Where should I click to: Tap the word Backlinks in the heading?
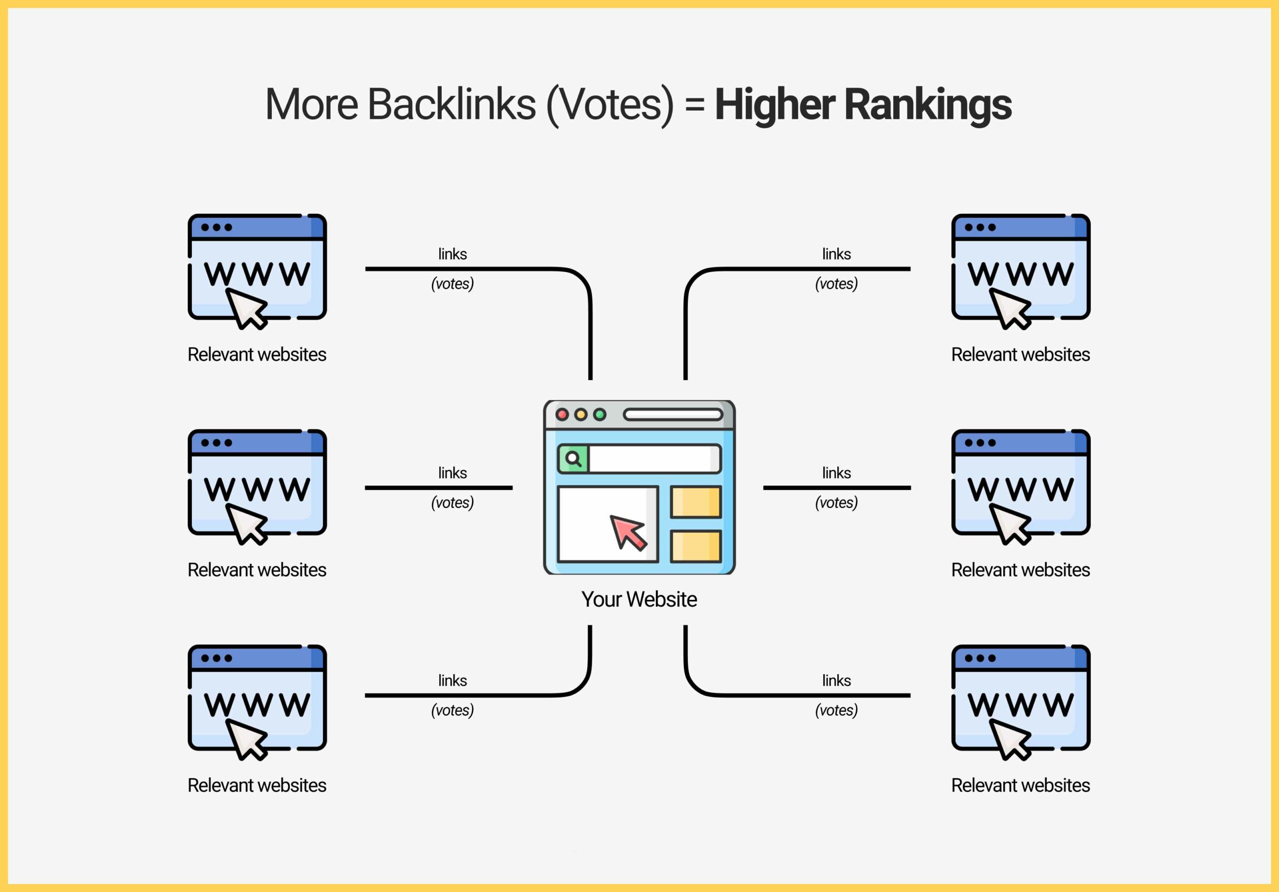click(x=451, y=104)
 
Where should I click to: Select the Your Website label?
click(x=639, y=599)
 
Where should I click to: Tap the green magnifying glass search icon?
click(x=573, y=459)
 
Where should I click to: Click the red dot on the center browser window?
click(x=562, y=414)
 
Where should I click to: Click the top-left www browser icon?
click(x=257, y=272)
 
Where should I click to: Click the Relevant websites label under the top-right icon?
click(x=1021, y=354)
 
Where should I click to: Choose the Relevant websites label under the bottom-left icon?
click(x=257, y=785)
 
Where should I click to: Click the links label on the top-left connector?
click(x=452, y=254)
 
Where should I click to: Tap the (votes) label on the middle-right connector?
click(x=836, y=502)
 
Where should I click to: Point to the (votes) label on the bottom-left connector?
click(x=452, y=710)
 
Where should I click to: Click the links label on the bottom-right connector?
click(x=836, y=680)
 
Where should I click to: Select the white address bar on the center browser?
click(x=673, y=414)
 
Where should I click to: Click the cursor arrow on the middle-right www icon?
click(x=1010, y=524)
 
